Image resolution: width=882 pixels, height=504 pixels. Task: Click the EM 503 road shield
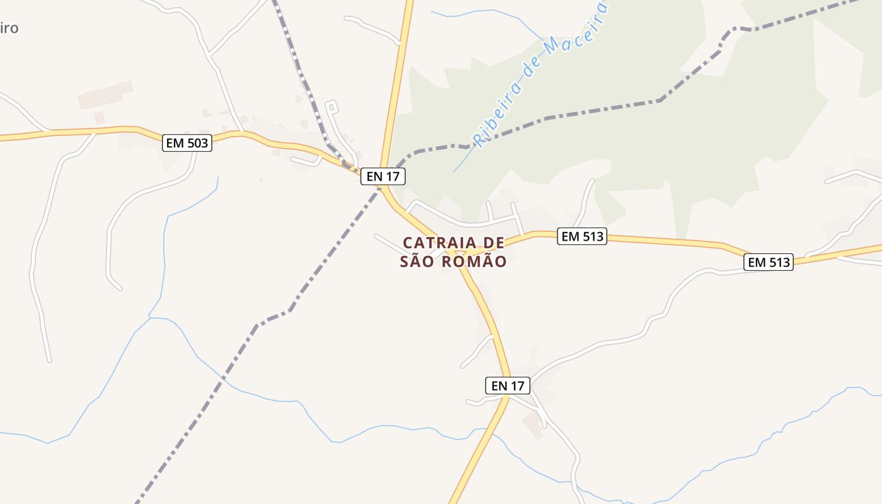pos(186,143)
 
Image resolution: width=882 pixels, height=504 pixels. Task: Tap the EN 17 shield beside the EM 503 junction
pos(383,176)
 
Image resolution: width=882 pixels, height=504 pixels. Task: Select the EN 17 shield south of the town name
pos(508,386)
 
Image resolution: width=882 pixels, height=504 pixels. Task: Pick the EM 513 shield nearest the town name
pos(582,237)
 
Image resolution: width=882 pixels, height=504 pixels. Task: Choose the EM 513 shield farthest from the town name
pos(768,262)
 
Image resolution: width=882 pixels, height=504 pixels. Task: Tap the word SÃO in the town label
pos(417,261)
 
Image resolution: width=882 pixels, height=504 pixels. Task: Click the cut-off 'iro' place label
pos(9,28)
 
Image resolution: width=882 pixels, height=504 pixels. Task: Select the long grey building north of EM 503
pos(105,94)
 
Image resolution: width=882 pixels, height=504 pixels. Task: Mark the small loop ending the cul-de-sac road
pos(332,106)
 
